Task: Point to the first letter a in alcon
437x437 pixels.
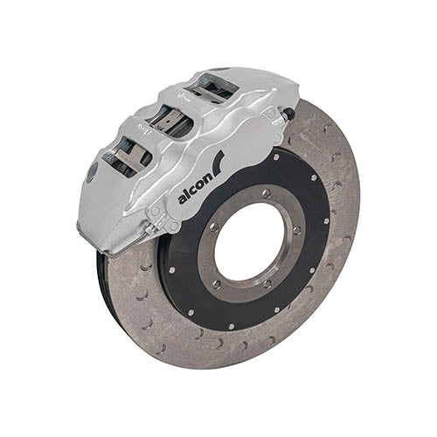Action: pos(181,198)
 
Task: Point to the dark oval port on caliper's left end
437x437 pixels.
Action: pos(91,172)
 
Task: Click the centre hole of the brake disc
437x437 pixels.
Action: pos(250,240)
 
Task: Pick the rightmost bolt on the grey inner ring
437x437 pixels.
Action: pos(297,231)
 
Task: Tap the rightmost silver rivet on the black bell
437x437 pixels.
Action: pos(327,220)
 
